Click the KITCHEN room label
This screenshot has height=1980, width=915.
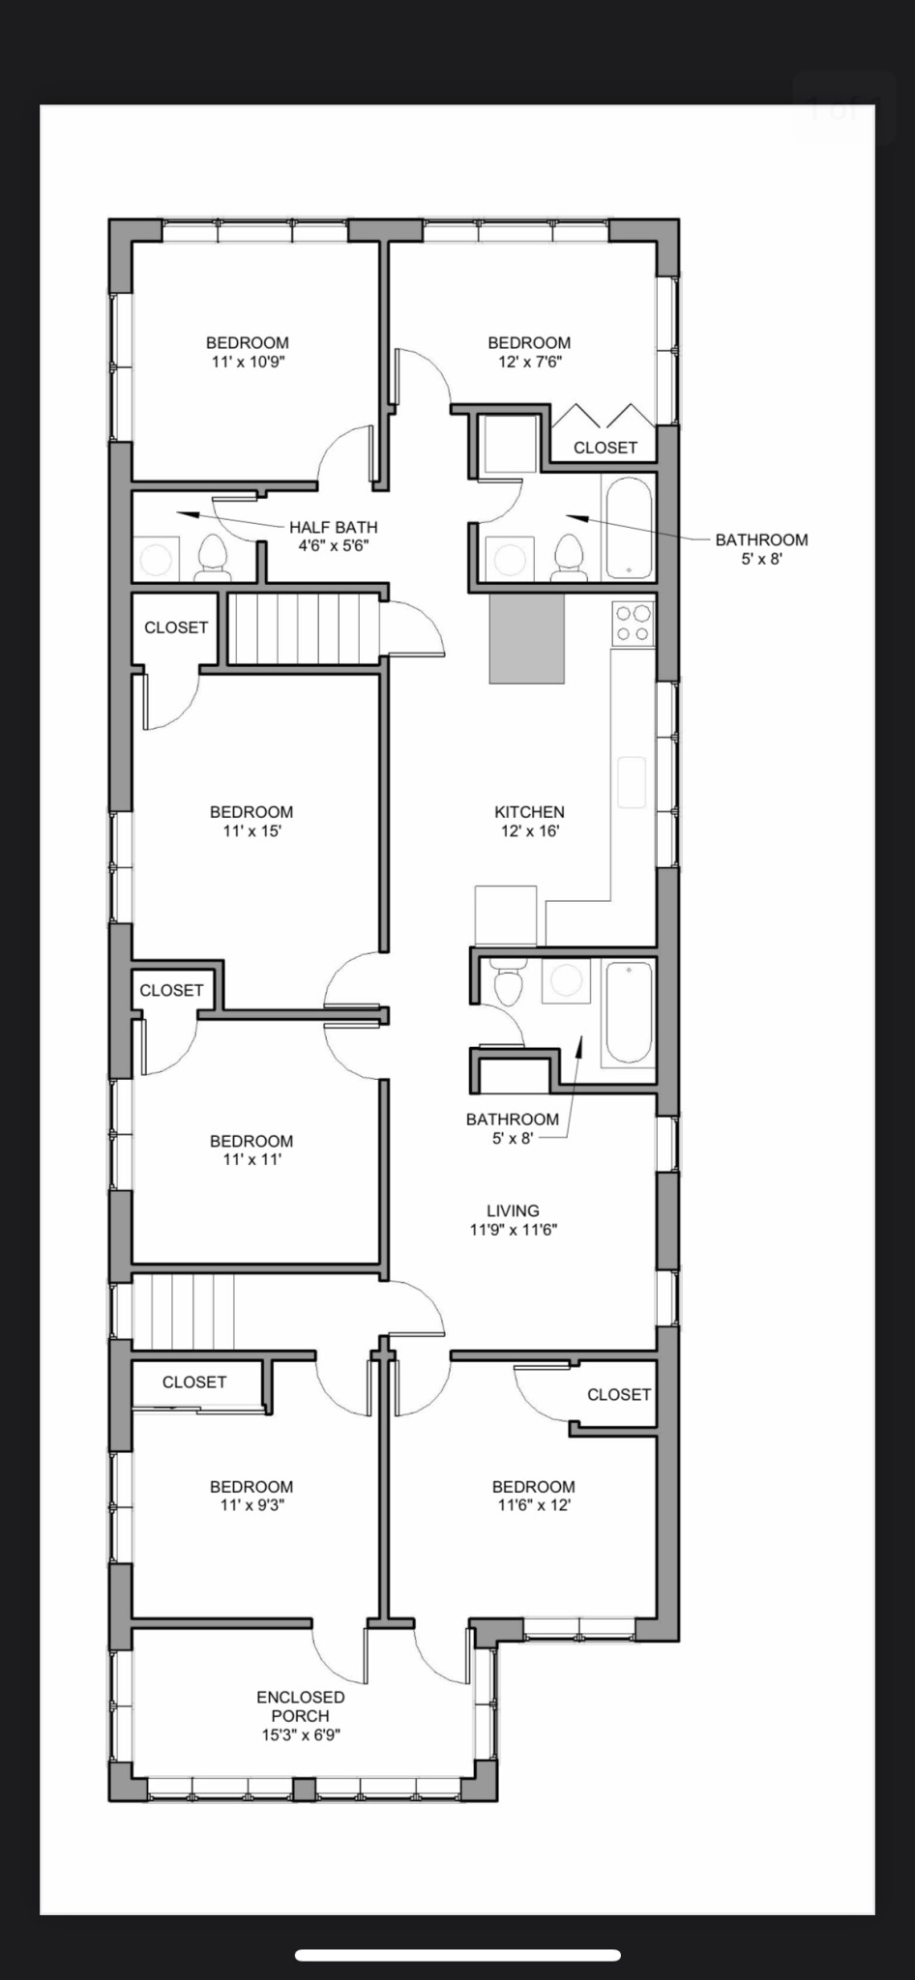pyautogui.click(x=529, y=812)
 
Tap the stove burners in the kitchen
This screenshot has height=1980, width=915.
pyautogui.click(x=633, y=624)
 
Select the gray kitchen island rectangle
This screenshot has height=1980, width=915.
pyautogui.click(x=526, y=638)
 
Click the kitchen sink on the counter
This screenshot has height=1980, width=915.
pyautogui.click(x=632, y=782)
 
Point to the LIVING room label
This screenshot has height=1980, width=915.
pyautogui.click(x=513, y=1210)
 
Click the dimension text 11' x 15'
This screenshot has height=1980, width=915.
pyautogui.click(x=251, y=831)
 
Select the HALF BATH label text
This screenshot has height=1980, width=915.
pyautogui.click(x=333, y=527)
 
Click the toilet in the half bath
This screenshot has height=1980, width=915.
pyautogui.click(x=212, y=558)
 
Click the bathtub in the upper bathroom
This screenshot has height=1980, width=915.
pyautogui.click(x=629, y=527)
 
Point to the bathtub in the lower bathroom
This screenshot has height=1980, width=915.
pyautogui.click(x=628, y=1012)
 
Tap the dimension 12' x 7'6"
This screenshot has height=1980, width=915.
pyautogui.click(x=529, y=362)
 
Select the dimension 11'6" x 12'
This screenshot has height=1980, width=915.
pyautogui.click(x=533, y=1505)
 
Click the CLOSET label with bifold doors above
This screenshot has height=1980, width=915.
pyautogui.click(x=605, y=448)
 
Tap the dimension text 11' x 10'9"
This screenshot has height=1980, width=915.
pyautogui.click(x=248, y=362)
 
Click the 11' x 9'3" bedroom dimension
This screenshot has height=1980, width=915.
pyautogui.click(x=251, y=1505)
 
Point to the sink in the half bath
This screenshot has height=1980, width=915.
pyautogui.click(x=156, y=559)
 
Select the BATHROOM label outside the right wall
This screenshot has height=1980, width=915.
pyautogui.click(x=761, y=539)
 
